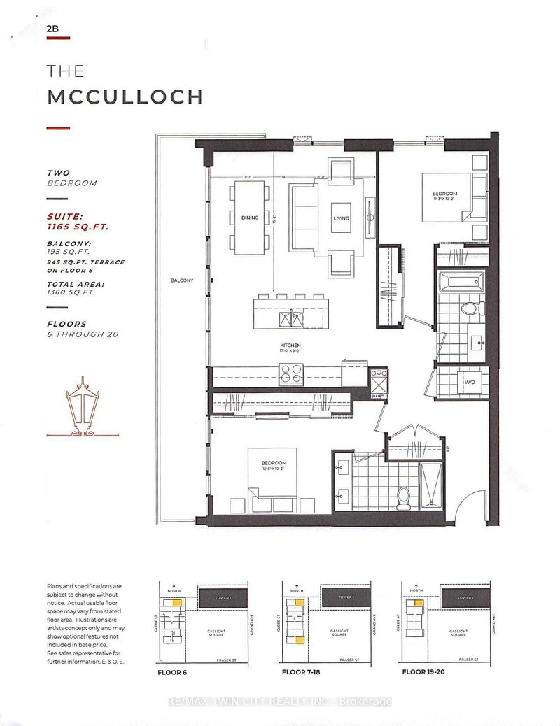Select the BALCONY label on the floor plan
point(182,280)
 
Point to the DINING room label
point(249,218)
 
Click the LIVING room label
point(341,218)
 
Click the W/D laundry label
point(468,383)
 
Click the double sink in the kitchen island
point(291,318)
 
